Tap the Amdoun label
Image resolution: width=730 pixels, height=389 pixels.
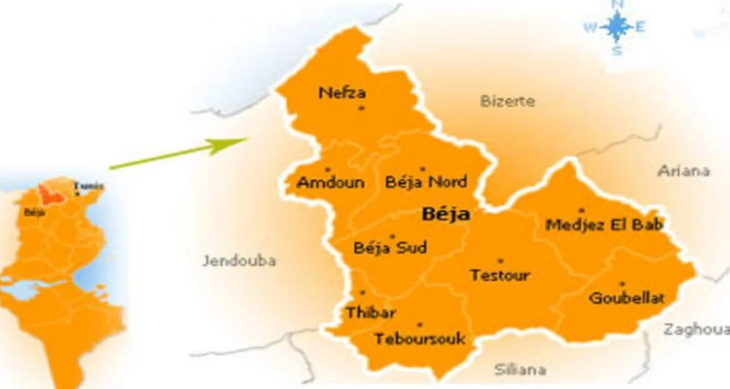click(x=321, y=182)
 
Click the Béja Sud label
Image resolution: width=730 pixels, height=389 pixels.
click(x=390, y=248)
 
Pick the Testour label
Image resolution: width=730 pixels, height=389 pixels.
click(x=499, y=275)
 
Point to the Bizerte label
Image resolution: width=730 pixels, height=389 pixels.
click(x=506, y=100)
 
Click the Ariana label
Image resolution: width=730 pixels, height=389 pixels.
click(x=684, y=171)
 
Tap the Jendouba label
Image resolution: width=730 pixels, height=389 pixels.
click(x=239, y=261)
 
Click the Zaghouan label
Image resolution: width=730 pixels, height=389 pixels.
click(x=697, y=329)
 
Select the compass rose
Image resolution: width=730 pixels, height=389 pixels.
click(x=616, y=26)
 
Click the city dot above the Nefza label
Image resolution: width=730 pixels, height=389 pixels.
click(x=361, y=107)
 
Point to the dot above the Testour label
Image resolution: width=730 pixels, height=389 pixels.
click(x=500, y=261)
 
